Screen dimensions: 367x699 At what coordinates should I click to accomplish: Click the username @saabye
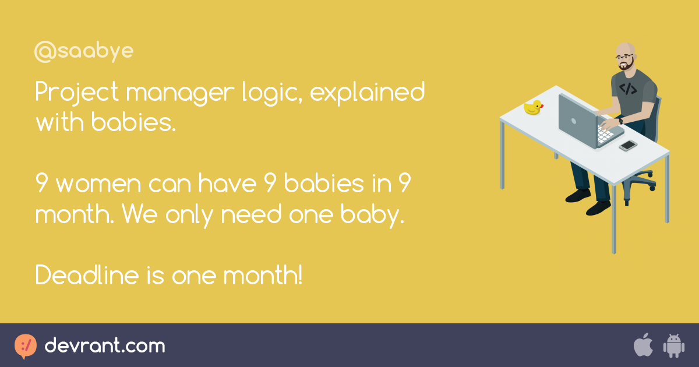[84, 52]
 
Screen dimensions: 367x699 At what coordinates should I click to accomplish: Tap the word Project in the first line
[77, 93]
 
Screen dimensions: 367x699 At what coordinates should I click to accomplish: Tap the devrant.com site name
[105, 346]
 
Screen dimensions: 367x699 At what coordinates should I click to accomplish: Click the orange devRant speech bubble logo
[25, 346]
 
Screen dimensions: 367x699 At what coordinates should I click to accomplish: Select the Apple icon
[642, 345]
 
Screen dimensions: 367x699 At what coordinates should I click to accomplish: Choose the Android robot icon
[673, 345]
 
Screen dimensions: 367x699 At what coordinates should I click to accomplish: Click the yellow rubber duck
[533, 107]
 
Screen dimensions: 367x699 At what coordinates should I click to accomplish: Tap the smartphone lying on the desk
[627, 145]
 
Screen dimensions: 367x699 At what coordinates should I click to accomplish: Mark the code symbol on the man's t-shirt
[627, 89]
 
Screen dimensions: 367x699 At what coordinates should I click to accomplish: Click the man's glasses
[624, 58]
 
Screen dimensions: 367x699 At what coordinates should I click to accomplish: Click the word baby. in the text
[375, 215]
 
